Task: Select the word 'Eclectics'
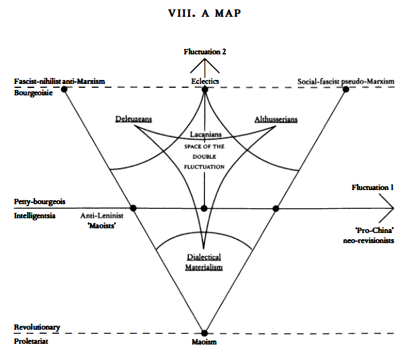pos(206,82)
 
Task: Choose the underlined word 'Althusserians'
pos(276,119)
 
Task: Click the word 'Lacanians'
pos(204,135)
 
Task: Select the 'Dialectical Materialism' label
pos(204,262)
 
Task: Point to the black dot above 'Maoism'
pos(204,332)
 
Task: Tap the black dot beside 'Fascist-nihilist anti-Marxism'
pos(64,89)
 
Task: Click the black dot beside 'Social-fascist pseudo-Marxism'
pos(345,89)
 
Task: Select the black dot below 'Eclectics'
pos(204,89)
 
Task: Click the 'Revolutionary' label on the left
pos(37,328)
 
